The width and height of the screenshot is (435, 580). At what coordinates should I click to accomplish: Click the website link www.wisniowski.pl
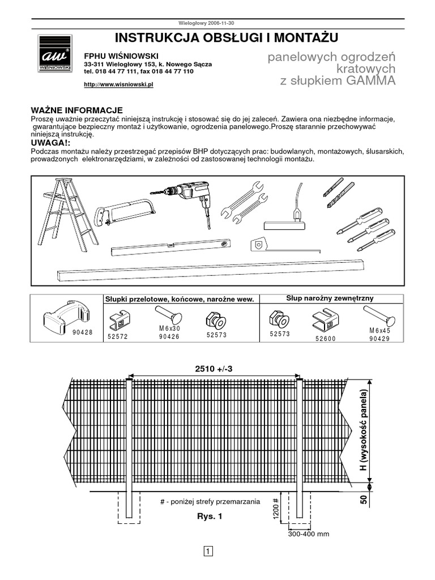click(x=119, y=84)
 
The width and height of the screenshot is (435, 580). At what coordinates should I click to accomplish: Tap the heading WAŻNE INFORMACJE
click(x=76, y=110)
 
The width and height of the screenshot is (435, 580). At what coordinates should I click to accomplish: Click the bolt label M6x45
click(x=379, y=330)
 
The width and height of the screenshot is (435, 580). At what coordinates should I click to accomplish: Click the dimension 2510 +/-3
click(x=214, y=369)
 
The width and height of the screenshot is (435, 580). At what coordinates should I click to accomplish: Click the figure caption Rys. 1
click(x=210, y=517)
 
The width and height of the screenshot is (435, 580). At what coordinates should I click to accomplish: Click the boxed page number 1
click(x=208, y=551)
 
